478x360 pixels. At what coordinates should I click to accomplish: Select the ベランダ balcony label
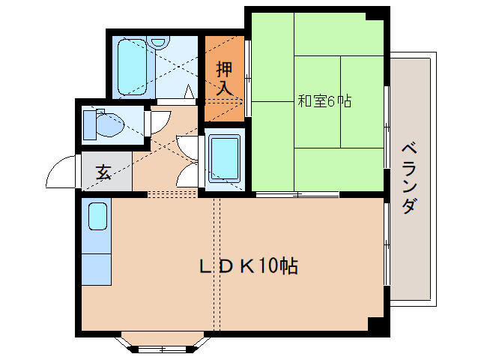coord(408,177)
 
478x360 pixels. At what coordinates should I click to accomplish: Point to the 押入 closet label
coord(225,77)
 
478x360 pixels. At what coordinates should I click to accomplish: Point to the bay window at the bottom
coord(161,342)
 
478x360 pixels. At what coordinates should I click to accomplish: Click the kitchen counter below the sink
coord(97,268)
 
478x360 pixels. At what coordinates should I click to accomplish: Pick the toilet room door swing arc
coord(162,123)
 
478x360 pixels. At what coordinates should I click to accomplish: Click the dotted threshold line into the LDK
coord(172,193)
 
